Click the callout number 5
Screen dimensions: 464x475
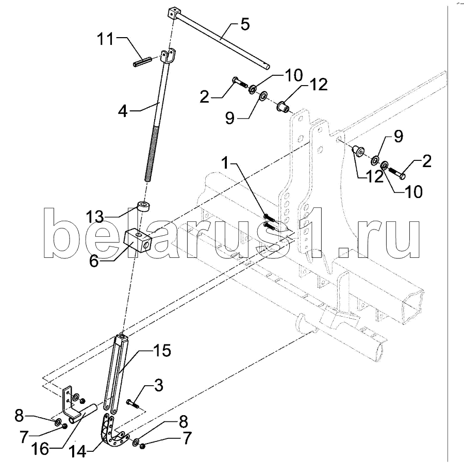pyautogui.click(x=245, y=24)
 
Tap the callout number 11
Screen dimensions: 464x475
pyautogui.click(x=105, y=39)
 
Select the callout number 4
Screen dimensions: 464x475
pyautogui.click(x=123, y=111)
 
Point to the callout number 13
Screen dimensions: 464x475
pyautogui.click(x=94, y=217)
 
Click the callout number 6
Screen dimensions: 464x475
pyautogui.click(x=94, y=261)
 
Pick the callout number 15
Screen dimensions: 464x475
pyautogui.click(x=162, y=351)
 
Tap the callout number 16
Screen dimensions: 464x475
pyautogui.click(x=40, y=449)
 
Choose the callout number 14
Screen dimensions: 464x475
pyautogui.click(x=77, y=452)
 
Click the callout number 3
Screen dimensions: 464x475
pyautogui.click(x=158, y=385)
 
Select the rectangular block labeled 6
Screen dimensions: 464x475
pyautogui.click(x=138, y=240)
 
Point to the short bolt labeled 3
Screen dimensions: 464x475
pyautogui.click(x=132, y=404)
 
